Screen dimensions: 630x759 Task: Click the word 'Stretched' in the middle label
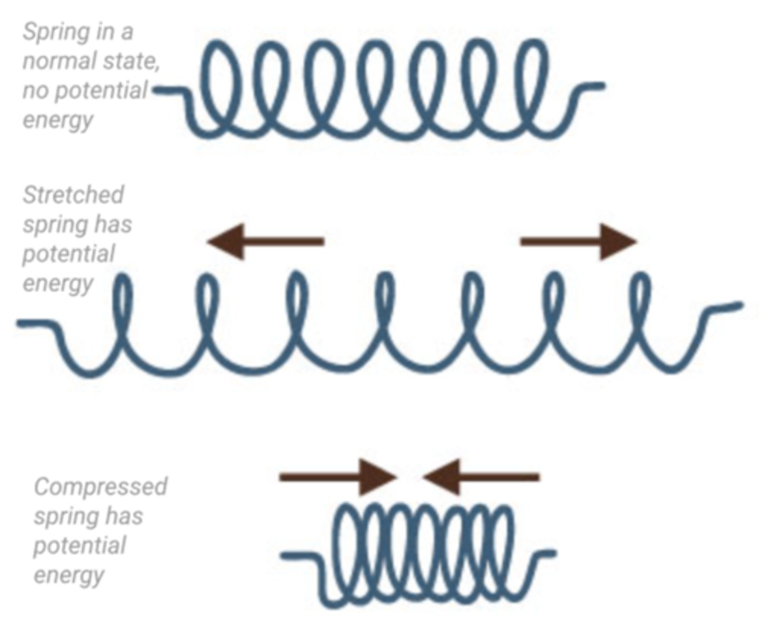[x=73, y=195]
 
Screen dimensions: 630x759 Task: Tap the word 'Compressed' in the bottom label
[x=101, y=486]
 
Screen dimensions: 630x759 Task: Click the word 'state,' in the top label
[x=132, y=61]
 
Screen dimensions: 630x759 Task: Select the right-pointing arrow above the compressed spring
[x=337, y=477]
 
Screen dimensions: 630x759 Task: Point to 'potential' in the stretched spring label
[x=69, y=254]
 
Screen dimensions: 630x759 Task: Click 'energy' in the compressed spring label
[x=69, y=575]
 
